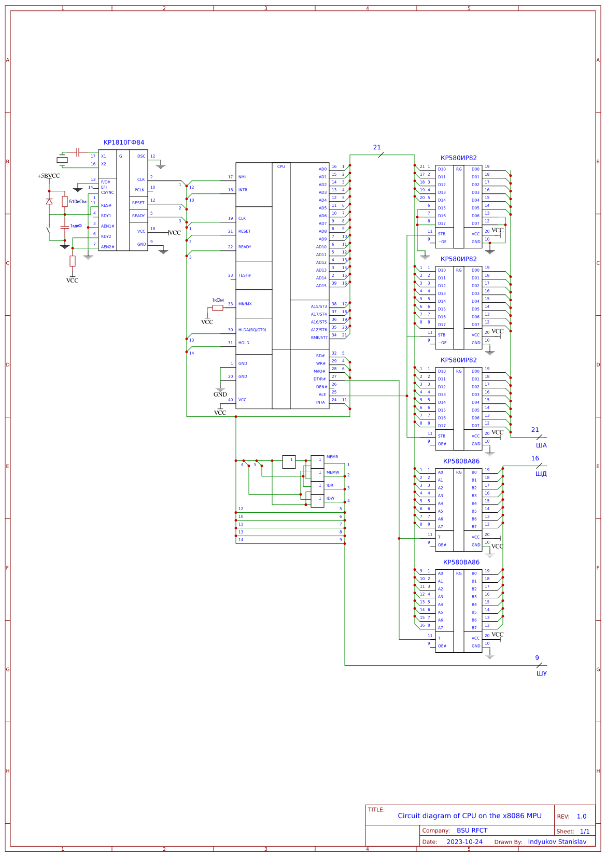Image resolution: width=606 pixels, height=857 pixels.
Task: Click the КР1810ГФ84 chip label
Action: coord(124,143)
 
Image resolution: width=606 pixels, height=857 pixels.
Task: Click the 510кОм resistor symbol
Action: coord(65,201)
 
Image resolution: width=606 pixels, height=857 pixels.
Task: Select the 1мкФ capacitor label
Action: coord(76,226)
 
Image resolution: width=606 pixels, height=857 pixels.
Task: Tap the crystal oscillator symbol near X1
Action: coord(62,160)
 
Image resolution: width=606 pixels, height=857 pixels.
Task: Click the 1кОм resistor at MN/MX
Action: coord(218,307)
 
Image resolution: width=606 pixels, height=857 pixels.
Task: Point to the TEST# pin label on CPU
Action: coord(245,275)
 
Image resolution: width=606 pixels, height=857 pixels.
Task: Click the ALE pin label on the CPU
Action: coord(322,395)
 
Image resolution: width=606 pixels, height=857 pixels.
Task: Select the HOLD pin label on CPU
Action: coord(244,343)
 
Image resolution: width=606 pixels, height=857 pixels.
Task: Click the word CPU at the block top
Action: coord(281,166)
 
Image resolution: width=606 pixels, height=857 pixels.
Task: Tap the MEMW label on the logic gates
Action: coord(333,472)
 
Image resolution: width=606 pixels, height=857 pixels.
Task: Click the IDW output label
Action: coord(330,498)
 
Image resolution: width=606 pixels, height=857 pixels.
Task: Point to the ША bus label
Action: coord(541,445)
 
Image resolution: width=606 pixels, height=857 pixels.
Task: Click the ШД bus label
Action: coord(541,474)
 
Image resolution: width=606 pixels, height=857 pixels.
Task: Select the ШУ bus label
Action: coord(541,673)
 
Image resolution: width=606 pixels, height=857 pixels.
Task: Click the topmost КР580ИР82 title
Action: coord(458,158)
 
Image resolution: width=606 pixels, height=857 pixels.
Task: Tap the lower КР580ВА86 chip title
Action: coord(461,562)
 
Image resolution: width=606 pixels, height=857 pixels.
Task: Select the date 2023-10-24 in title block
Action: coord(464,841)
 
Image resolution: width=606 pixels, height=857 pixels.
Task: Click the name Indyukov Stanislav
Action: coord(557,841)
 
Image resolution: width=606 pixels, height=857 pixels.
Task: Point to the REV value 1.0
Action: coord(581,816)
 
